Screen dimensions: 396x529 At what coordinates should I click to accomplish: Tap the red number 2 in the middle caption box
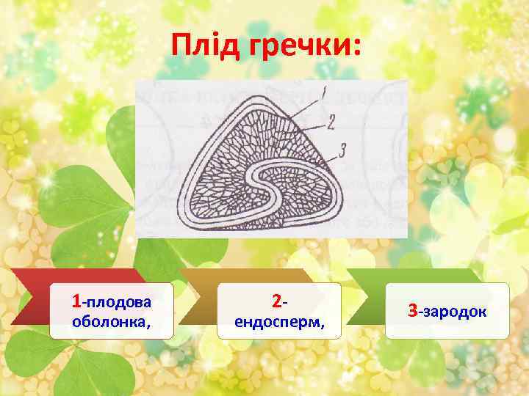pyautogui.click(x=276, y=301)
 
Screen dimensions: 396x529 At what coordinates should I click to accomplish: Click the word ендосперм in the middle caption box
pyautogui.click(x=279, y=320)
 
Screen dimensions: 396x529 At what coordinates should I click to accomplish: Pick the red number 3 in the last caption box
pyautogui.click(x=413, y=311)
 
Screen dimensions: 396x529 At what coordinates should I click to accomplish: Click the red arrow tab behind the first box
pyautogui.click(x=29, y=301)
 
